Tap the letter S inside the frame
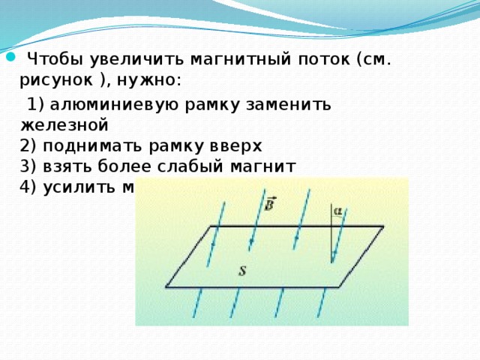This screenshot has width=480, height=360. pos(242,271)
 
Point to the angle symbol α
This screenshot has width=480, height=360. pos(338,212)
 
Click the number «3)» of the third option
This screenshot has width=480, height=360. pos(30,166)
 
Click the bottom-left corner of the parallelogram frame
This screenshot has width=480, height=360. pos(166,287)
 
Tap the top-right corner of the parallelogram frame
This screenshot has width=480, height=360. pos(384,226)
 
